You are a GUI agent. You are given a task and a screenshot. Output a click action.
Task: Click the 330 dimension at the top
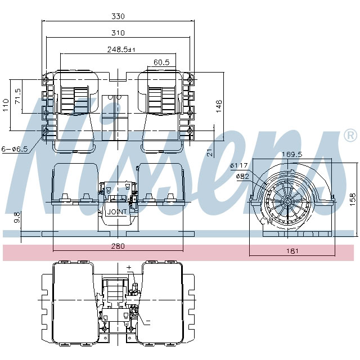(117, 16)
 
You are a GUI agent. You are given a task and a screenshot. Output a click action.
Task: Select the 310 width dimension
(117, 33)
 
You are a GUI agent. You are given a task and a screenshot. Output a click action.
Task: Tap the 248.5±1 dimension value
(122, 49)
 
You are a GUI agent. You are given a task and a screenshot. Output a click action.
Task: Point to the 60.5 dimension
(161, 62)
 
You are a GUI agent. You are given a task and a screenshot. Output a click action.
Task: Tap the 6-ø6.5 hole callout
(13, 149)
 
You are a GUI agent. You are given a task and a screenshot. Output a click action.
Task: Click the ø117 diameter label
(239, 165)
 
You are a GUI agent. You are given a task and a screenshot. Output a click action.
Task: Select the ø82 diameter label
(242, 176)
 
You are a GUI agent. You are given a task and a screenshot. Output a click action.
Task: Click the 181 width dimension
(291, 251)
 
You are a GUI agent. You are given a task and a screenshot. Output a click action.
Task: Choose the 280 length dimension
(117, 246)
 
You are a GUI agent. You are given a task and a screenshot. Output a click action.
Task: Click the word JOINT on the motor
(117, 212)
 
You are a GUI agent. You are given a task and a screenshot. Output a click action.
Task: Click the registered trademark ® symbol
(349, 136)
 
